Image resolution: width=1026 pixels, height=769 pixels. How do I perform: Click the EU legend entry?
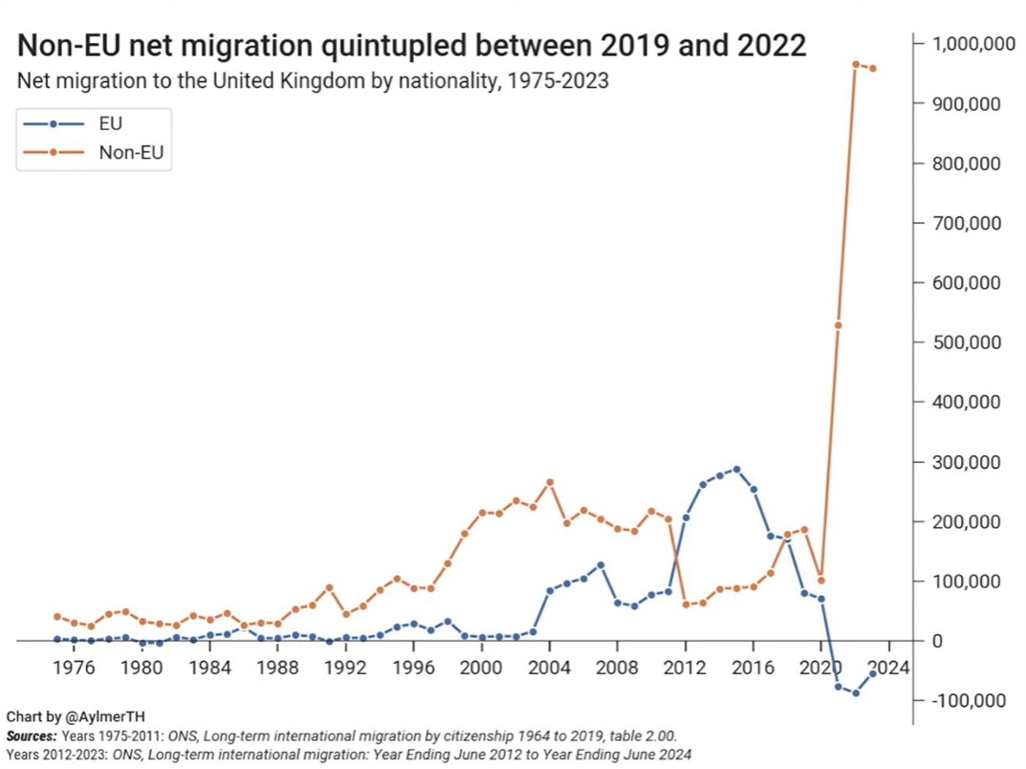[x=110, y=123]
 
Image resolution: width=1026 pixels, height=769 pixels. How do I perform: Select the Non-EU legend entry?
[x=124, y=151]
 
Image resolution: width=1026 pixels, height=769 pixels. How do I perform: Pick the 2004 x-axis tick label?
[x=549, y=666]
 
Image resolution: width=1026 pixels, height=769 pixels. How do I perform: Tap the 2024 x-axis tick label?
[x=888, y=666]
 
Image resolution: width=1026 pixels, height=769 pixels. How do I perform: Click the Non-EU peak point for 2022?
[x=856, y=64]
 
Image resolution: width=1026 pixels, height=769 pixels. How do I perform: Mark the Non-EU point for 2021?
[x=838, y=325]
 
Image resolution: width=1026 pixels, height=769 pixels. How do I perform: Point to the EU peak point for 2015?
[x=736, y=469]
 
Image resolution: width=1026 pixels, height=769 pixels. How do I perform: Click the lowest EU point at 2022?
[x=856, y=692]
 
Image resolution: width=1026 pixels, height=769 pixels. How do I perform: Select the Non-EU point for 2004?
[x=550, y=482]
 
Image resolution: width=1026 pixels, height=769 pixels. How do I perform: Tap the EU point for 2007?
[x=600, y=565]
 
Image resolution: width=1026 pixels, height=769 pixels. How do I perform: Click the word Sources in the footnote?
[x=31, y=736]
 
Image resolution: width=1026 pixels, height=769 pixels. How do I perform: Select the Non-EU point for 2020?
[x=820, y=580]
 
